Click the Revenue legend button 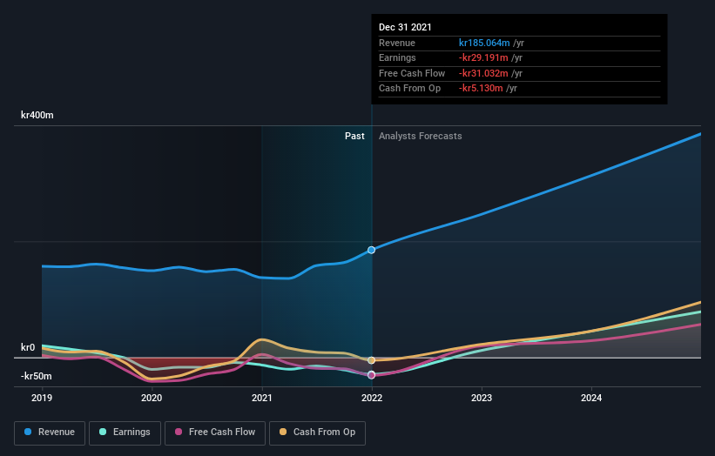49,432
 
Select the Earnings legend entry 125,432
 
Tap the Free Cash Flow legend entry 214,432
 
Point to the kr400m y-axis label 37,115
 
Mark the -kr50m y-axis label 36,376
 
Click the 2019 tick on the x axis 42,399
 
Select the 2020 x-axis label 152,399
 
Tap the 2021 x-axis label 262,399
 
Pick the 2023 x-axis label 482,399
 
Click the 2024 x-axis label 591,399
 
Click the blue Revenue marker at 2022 372,250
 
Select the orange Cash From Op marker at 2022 372,360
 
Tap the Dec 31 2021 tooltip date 405,28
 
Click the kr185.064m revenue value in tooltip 484,43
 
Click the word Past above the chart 354,136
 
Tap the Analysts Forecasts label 420,136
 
